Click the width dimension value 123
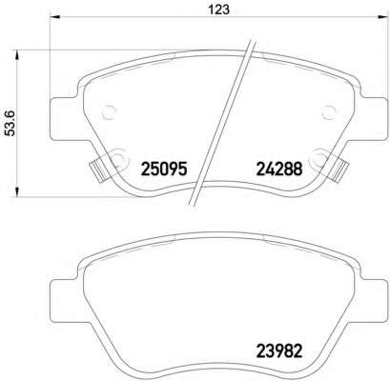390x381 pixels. click(x=218, y=10)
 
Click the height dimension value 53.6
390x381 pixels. click(x=11, y=123)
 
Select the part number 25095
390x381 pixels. click(x=163, y=169)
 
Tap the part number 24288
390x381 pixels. click(x=278, y=169)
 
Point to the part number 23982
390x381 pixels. click(x=278, y=351)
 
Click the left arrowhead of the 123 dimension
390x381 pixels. click(x=55, y=17)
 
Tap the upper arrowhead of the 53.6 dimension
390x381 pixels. click(x=17, y=54)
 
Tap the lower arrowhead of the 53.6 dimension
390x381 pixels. click(x=17, y=192)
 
